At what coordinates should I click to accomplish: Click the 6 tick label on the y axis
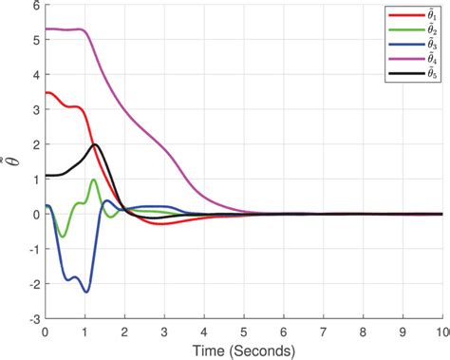(x=35, y=6)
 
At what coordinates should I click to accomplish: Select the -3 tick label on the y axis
(x=32, y=320)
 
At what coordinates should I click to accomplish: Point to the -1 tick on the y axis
(x=32, y=250)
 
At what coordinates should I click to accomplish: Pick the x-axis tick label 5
(x=244, y=332)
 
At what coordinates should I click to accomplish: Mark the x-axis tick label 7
(x=324, y=332)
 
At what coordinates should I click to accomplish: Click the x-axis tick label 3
(x=164, y=332)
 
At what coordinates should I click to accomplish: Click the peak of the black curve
(x=95, y=144)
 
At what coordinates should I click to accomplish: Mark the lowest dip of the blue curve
(x=86, y=292)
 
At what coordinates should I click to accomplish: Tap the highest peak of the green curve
(x=93, y=180)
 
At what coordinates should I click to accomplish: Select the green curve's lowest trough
(x=63, y=237)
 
